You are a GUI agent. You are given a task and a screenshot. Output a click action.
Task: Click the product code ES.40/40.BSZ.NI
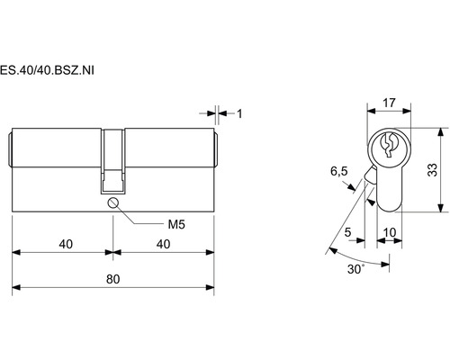47,70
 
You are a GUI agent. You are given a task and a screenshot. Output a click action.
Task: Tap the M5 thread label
176,224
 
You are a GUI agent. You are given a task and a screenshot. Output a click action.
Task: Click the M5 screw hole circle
113,202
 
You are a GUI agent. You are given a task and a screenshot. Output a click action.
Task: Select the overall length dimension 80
113,279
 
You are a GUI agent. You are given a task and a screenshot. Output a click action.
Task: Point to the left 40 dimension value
66,244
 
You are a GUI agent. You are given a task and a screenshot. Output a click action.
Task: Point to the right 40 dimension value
164,244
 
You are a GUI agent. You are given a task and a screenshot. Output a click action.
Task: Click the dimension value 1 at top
239,113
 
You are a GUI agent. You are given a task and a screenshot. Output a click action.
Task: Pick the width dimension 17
389,103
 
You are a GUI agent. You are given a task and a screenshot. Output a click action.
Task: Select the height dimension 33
432,170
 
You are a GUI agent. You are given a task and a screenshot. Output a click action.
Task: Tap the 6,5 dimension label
339,171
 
